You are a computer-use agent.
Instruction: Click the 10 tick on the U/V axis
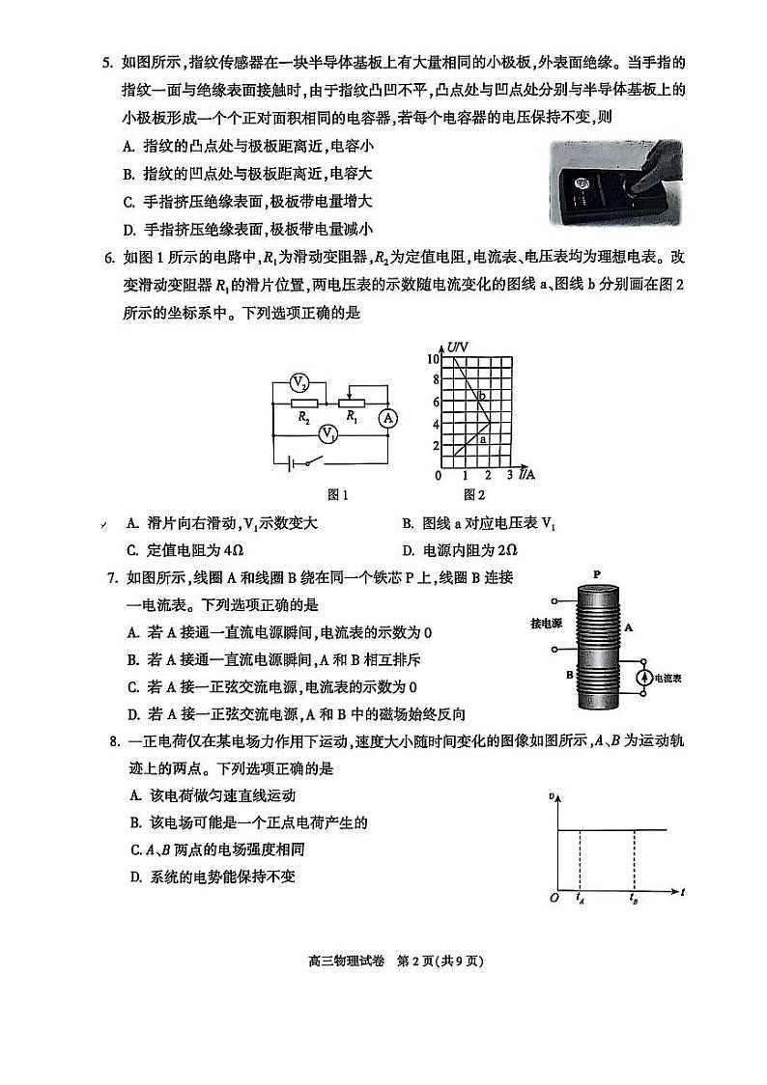pyautogui.click(x=435, y=358)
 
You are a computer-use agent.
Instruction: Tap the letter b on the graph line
pyautogui.click(x=481, y=396)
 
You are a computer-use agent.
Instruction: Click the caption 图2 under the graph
pyautogui.click(x=473, y=495)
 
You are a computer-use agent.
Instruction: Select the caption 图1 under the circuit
pyautogui.click(x=337, y=495)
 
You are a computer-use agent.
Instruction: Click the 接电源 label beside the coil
pyautogui.click(x=549, y=622)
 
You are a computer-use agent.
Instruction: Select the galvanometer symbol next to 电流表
pyautogui.click(x=643, y=679)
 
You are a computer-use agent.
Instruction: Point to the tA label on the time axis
pyautogui.click(x=579, y=900)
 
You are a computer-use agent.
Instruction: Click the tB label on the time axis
pyautogui.click(x=634, y=900)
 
